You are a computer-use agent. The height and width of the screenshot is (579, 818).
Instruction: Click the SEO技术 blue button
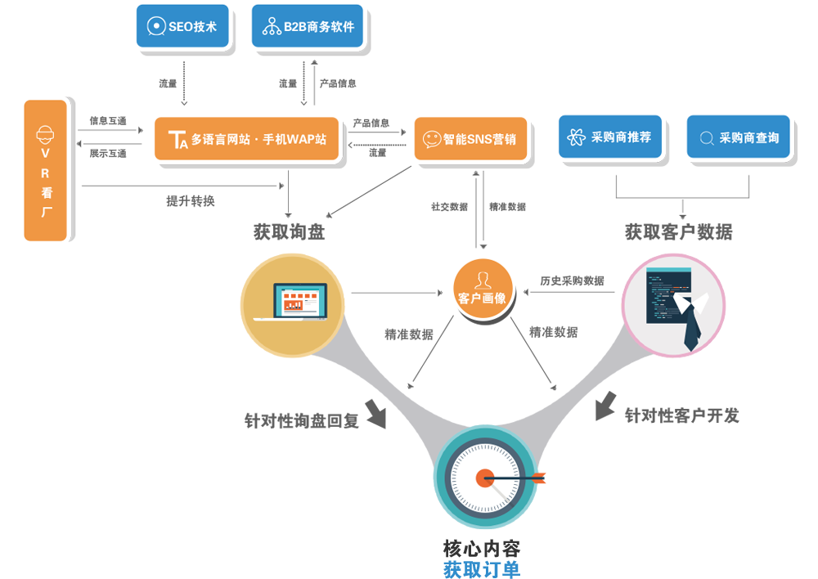click(x=182, y=26)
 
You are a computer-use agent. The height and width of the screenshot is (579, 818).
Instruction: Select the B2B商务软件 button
click(x=308, y=26)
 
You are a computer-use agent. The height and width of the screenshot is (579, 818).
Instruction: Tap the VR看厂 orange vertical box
click(x=45, y=170)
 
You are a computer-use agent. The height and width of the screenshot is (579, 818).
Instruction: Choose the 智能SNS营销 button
click(x=470, y=139)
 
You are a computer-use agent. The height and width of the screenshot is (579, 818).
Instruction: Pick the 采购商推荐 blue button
click(x=610, y=137)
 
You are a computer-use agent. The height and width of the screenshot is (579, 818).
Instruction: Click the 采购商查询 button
click(x=739, y=137)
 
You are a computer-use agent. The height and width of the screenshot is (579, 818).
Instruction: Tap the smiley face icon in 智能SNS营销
click(x=432, y=139)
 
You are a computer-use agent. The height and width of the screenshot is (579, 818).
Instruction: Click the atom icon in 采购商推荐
click(x=575, y=137)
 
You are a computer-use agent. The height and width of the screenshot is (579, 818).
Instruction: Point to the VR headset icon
click(x=46, y=132)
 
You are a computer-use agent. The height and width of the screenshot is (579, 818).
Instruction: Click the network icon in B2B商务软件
click(x=271, y=27)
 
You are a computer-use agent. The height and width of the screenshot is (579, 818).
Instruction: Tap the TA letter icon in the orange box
click(x=178, y=140)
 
